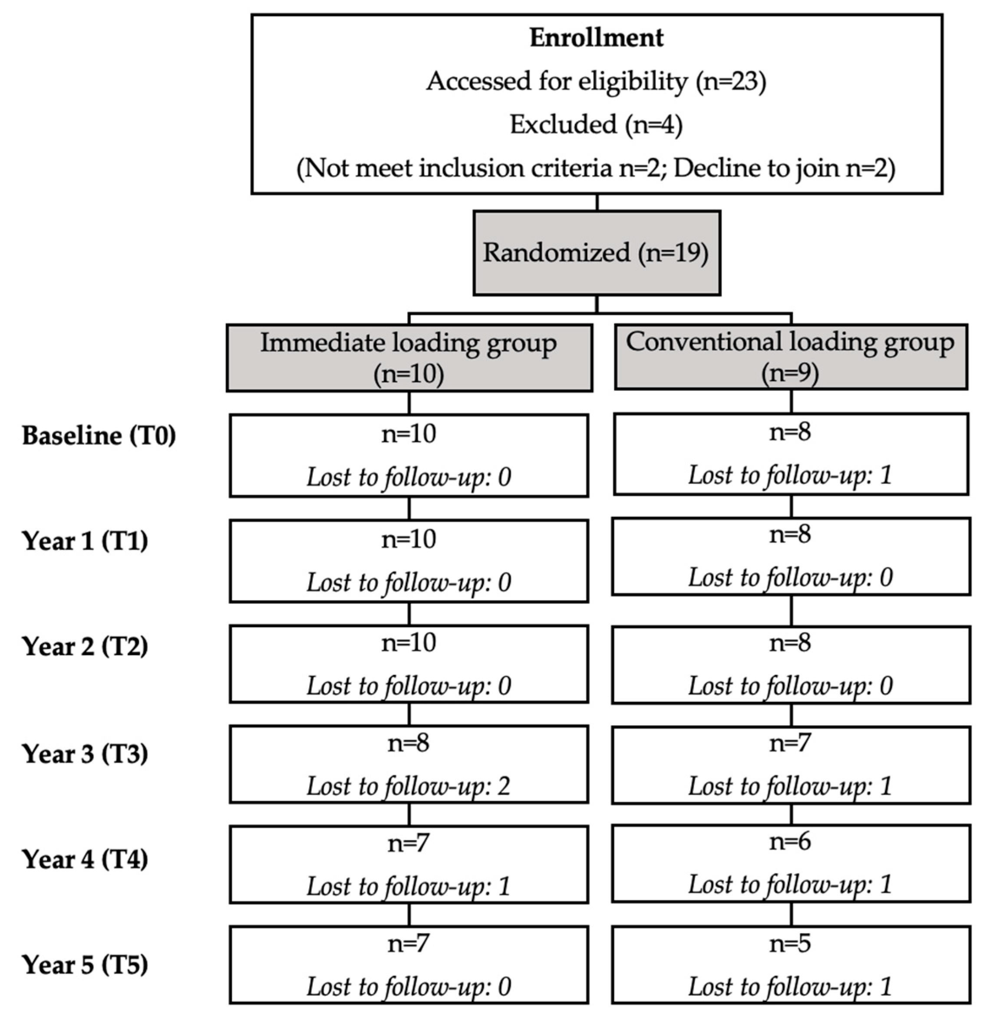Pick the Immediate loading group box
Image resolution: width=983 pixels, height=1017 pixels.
[x=409, y=358]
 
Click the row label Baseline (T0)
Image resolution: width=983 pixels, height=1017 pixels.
[x=99, y=435]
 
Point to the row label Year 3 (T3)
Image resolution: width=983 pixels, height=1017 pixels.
[x=85, y=754]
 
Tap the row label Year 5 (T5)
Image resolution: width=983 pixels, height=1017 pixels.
[x=85, y=964]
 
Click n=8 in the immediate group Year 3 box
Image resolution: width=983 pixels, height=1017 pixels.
[x=409, y=743]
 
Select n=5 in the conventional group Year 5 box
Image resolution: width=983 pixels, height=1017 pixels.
[x=790, y=943]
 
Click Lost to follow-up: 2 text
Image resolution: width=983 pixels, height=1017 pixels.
[x=409, y=786]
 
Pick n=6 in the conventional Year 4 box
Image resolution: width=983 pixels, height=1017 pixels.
[x=790, y=841]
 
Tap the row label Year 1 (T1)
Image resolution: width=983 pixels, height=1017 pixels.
[x=85, y=541]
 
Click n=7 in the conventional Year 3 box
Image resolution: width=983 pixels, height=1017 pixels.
[x=790, y=743]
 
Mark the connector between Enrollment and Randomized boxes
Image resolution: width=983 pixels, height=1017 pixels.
[x=597, y=202]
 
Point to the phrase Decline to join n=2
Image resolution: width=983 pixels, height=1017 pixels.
[x=784, y=168]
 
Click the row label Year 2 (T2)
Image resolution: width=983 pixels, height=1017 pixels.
[x=85, y=646]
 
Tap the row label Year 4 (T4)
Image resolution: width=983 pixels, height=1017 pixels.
[x=85, y=859]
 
